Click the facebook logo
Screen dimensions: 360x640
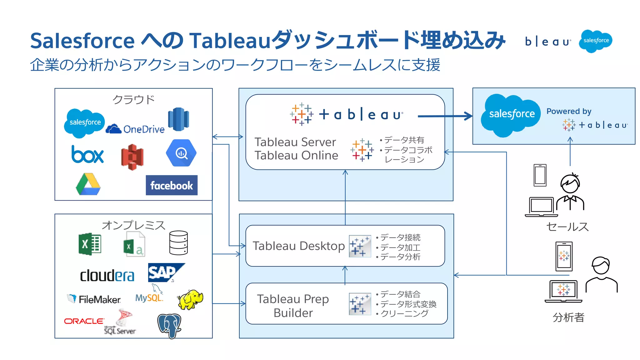pos(172,185)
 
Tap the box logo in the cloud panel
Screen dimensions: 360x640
pos(87,154)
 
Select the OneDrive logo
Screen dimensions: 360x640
pos(135,129)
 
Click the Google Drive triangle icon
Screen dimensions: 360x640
pos(88,184)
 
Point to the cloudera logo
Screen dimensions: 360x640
pos(107,276)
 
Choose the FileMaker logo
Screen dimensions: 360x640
pos(94,299)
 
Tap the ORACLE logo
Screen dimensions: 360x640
pos(84,321)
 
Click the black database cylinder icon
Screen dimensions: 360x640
pos(178,243)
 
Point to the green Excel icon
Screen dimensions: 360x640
pos(90,244)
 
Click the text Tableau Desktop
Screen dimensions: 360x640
pos(298,246)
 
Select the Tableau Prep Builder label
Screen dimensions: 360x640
pos(293,306)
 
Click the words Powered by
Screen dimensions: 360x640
pos(569,111)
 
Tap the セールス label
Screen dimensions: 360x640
pos(567,227)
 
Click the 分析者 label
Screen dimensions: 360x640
pos(568,317)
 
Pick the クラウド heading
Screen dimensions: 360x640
pos(133,100)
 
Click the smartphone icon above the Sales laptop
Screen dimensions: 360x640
pos(540,175)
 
